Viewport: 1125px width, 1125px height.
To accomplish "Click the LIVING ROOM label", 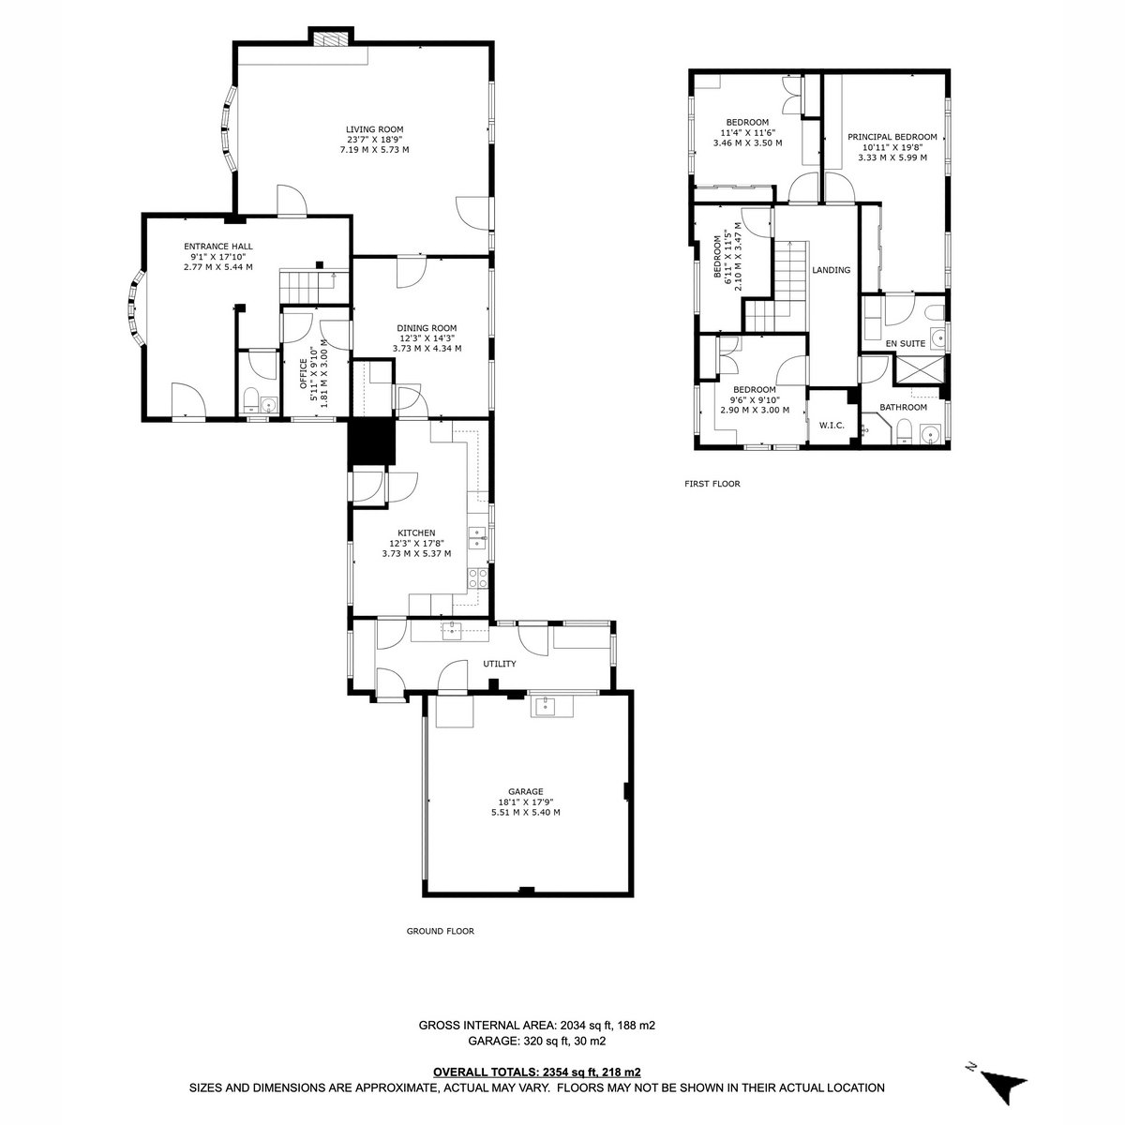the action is tap(374, 129).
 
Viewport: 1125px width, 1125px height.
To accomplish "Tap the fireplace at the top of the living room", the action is tap(331, 39).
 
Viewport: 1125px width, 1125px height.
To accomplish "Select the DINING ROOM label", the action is tap(427, 328).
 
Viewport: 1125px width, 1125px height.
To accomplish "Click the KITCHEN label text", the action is tap(416, 533).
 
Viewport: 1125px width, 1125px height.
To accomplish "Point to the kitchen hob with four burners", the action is tap(477, 578).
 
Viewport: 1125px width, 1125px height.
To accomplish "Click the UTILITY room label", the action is tap(500, 664).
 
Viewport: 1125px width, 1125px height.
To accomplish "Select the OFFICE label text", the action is tap(304, 374).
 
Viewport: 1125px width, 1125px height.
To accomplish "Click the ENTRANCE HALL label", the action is tap(218, 247).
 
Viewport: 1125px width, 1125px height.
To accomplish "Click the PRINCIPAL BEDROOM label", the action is tap(892, 137).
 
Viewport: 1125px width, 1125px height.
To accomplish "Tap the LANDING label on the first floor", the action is tap(832, 270).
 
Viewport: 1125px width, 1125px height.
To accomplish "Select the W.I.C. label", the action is tap(832, 426).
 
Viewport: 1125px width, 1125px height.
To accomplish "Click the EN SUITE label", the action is tap(906, 344).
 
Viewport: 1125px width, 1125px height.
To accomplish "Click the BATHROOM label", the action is tap(903, 407).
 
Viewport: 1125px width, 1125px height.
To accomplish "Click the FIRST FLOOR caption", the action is tap(712, 484).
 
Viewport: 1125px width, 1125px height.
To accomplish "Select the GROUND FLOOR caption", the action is tap(441, 931).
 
